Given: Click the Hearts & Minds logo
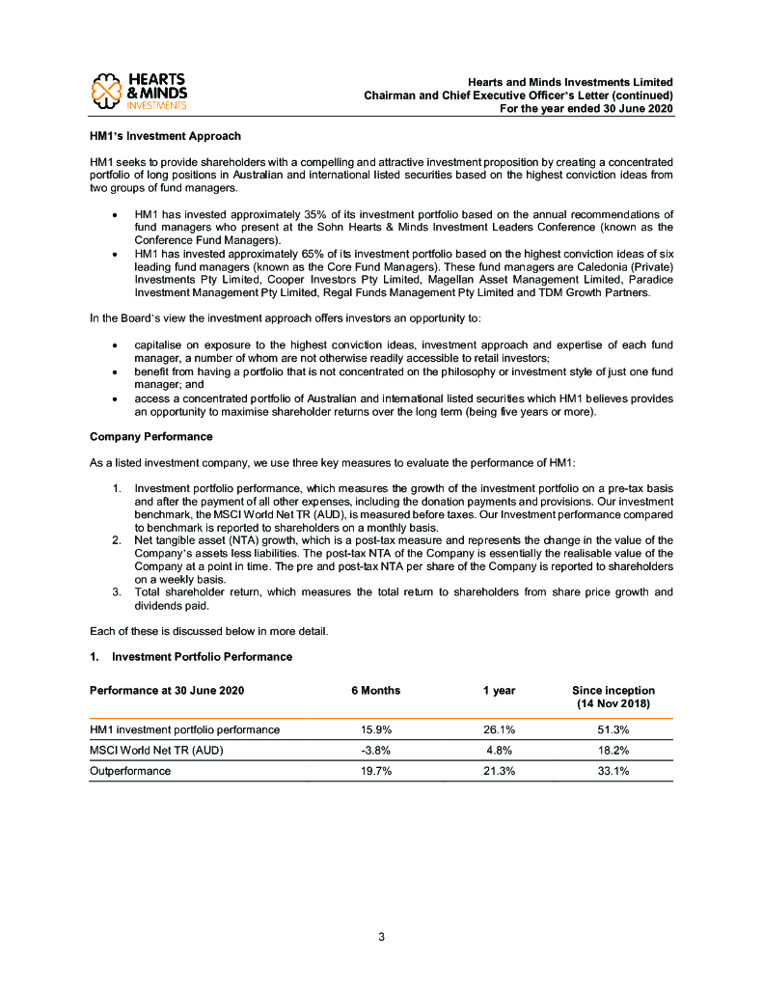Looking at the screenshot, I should coord(138,91).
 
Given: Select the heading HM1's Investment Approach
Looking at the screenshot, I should coord(165,136).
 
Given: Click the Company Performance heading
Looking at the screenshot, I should coord(150,437).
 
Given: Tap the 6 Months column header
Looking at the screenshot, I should coord(375,691).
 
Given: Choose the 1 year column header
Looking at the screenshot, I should coord(499,691).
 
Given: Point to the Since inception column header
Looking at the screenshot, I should coord(613,698).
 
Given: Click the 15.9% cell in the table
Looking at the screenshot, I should coord(375,730).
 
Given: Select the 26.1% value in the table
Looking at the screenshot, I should coord(498,730).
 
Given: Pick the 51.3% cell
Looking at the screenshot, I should coord(613,730).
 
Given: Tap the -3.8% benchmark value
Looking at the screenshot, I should coord(374,751).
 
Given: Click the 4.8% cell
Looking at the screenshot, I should coord(498,751).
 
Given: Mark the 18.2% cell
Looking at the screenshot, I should coord(613,751).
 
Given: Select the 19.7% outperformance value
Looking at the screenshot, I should coord(375,772).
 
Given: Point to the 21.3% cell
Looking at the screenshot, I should coord(498,772).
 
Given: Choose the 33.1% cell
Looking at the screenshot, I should coord(613,772).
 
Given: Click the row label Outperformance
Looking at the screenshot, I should coord(130,772).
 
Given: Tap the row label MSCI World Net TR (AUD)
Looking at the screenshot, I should coord(157,751).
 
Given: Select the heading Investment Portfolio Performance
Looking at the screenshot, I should coord(202,657).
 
